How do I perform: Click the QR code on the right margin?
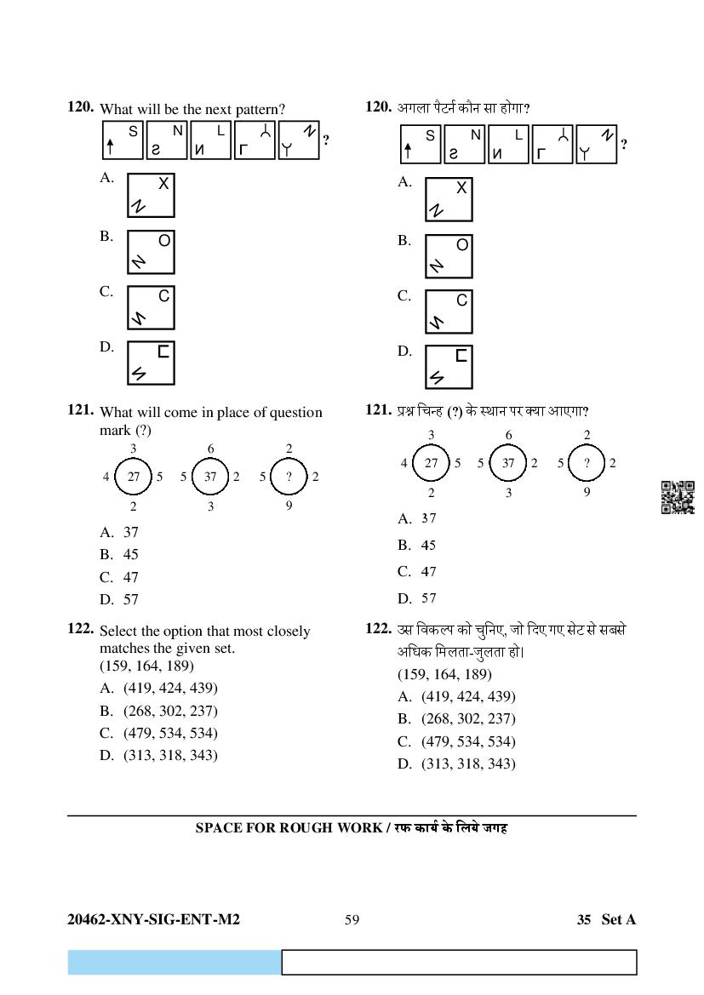(678, 497)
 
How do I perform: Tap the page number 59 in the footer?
(352, 919)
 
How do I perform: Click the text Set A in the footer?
(618, 919)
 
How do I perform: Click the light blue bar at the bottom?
(175, 962)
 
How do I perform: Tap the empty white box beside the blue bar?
(459, 962)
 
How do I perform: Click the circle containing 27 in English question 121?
(134, 477)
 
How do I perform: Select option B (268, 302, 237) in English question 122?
(169, 711)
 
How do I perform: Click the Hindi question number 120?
(377, 106)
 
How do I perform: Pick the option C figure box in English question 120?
(151, 307)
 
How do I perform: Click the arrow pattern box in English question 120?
(122, 140)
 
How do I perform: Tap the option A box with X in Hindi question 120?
(449, 199)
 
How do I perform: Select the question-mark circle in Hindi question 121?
(587, 463)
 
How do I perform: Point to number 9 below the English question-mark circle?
(289, 506)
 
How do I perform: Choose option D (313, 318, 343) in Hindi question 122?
(467, 763)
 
